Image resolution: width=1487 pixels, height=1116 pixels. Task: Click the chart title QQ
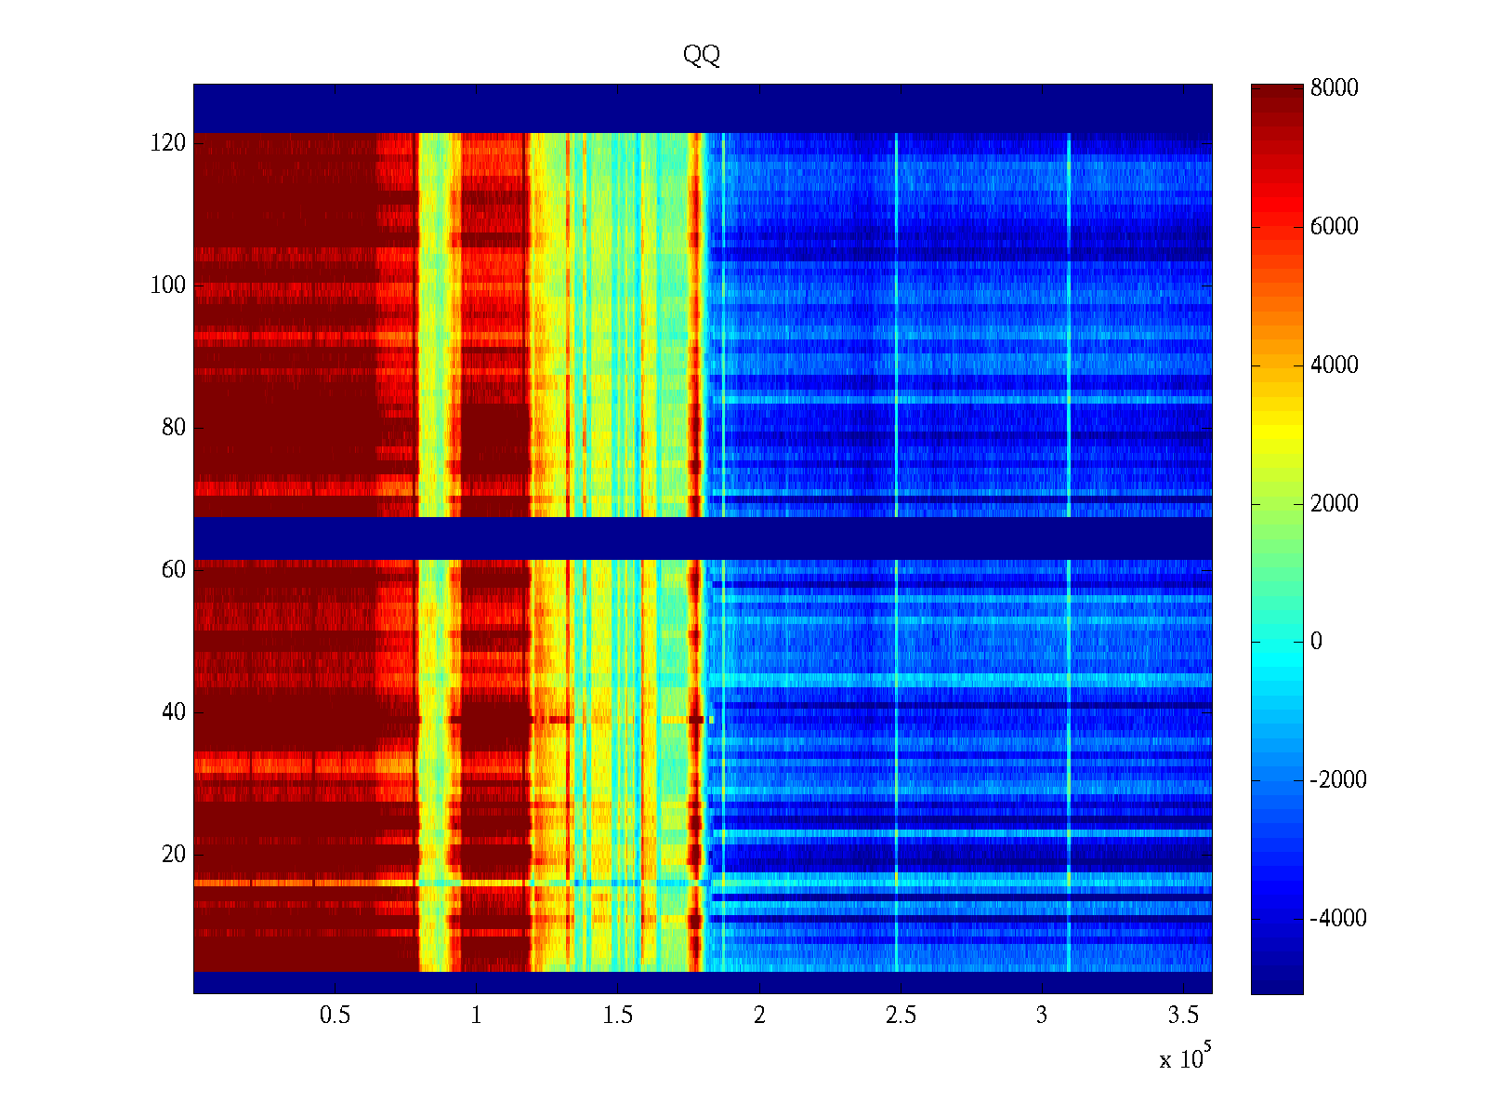click(702, 56)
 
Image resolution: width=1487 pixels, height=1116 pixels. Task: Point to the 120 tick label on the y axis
click(168, 143)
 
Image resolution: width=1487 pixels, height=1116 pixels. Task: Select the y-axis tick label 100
click(168, 286)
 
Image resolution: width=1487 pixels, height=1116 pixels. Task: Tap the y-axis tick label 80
click(174, 428)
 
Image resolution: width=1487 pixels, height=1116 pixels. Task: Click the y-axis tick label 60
click(174, 570)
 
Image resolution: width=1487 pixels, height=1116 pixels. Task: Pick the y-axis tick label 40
click(174, 712)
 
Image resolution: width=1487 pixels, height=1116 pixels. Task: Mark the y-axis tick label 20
click(174, 855)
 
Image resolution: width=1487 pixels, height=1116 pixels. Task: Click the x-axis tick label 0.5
click(335, 1016)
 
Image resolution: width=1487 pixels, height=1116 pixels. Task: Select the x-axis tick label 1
click(477, 1016)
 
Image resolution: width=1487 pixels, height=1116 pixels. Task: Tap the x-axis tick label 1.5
click(618, 1016)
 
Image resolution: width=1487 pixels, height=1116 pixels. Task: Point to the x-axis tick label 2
click(759, 1016)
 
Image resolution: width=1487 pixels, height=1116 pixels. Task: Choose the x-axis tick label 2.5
click(901, 1016)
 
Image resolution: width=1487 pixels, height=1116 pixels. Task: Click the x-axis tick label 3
click(1042, 1016)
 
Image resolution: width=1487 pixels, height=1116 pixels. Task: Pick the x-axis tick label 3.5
click(1183, 1016)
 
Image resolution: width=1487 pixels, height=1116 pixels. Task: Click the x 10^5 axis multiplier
click(1185, 1058)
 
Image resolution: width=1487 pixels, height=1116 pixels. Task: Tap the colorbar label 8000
click(1335, 88)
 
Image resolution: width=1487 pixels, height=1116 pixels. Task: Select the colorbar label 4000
click(1335, 365)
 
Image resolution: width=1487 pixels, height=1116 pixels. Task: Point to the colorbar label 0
click(1316, 642)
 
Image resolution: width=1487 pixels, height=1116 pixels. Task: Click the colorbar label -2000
click(1338, 780)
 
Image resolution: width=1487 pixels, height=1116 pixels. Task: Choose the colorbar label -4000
click(1338, 919)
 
